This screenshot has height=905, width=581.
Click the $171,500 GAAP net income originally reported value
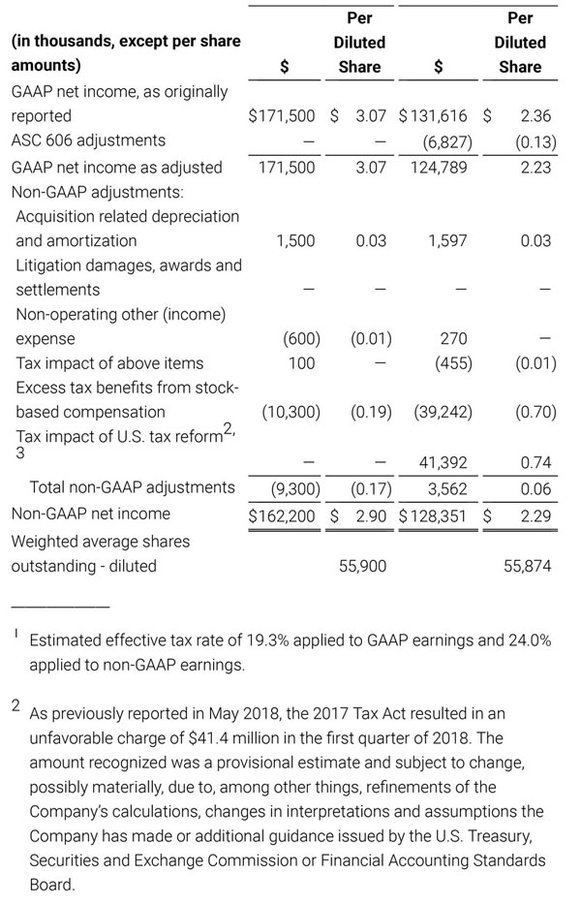[x=282, y=115]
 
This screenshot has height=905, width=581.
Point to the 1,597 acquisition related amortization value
[x=449, y=240]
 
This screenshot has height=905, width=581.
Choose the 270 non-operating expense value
[x=453, y=339]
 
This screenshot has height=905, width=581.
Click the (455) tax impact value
[x=450, y=363]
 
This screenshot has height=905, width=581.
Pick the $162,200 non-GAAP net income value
[x=282, y=514]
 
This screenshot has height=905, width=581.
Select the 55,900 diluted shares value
[x=362, y=565]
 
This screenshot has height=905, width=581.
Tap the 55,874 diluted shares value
[x=528, y=565]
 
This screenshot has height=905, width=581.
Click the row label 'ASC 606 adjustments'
[x=88, y=140]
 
